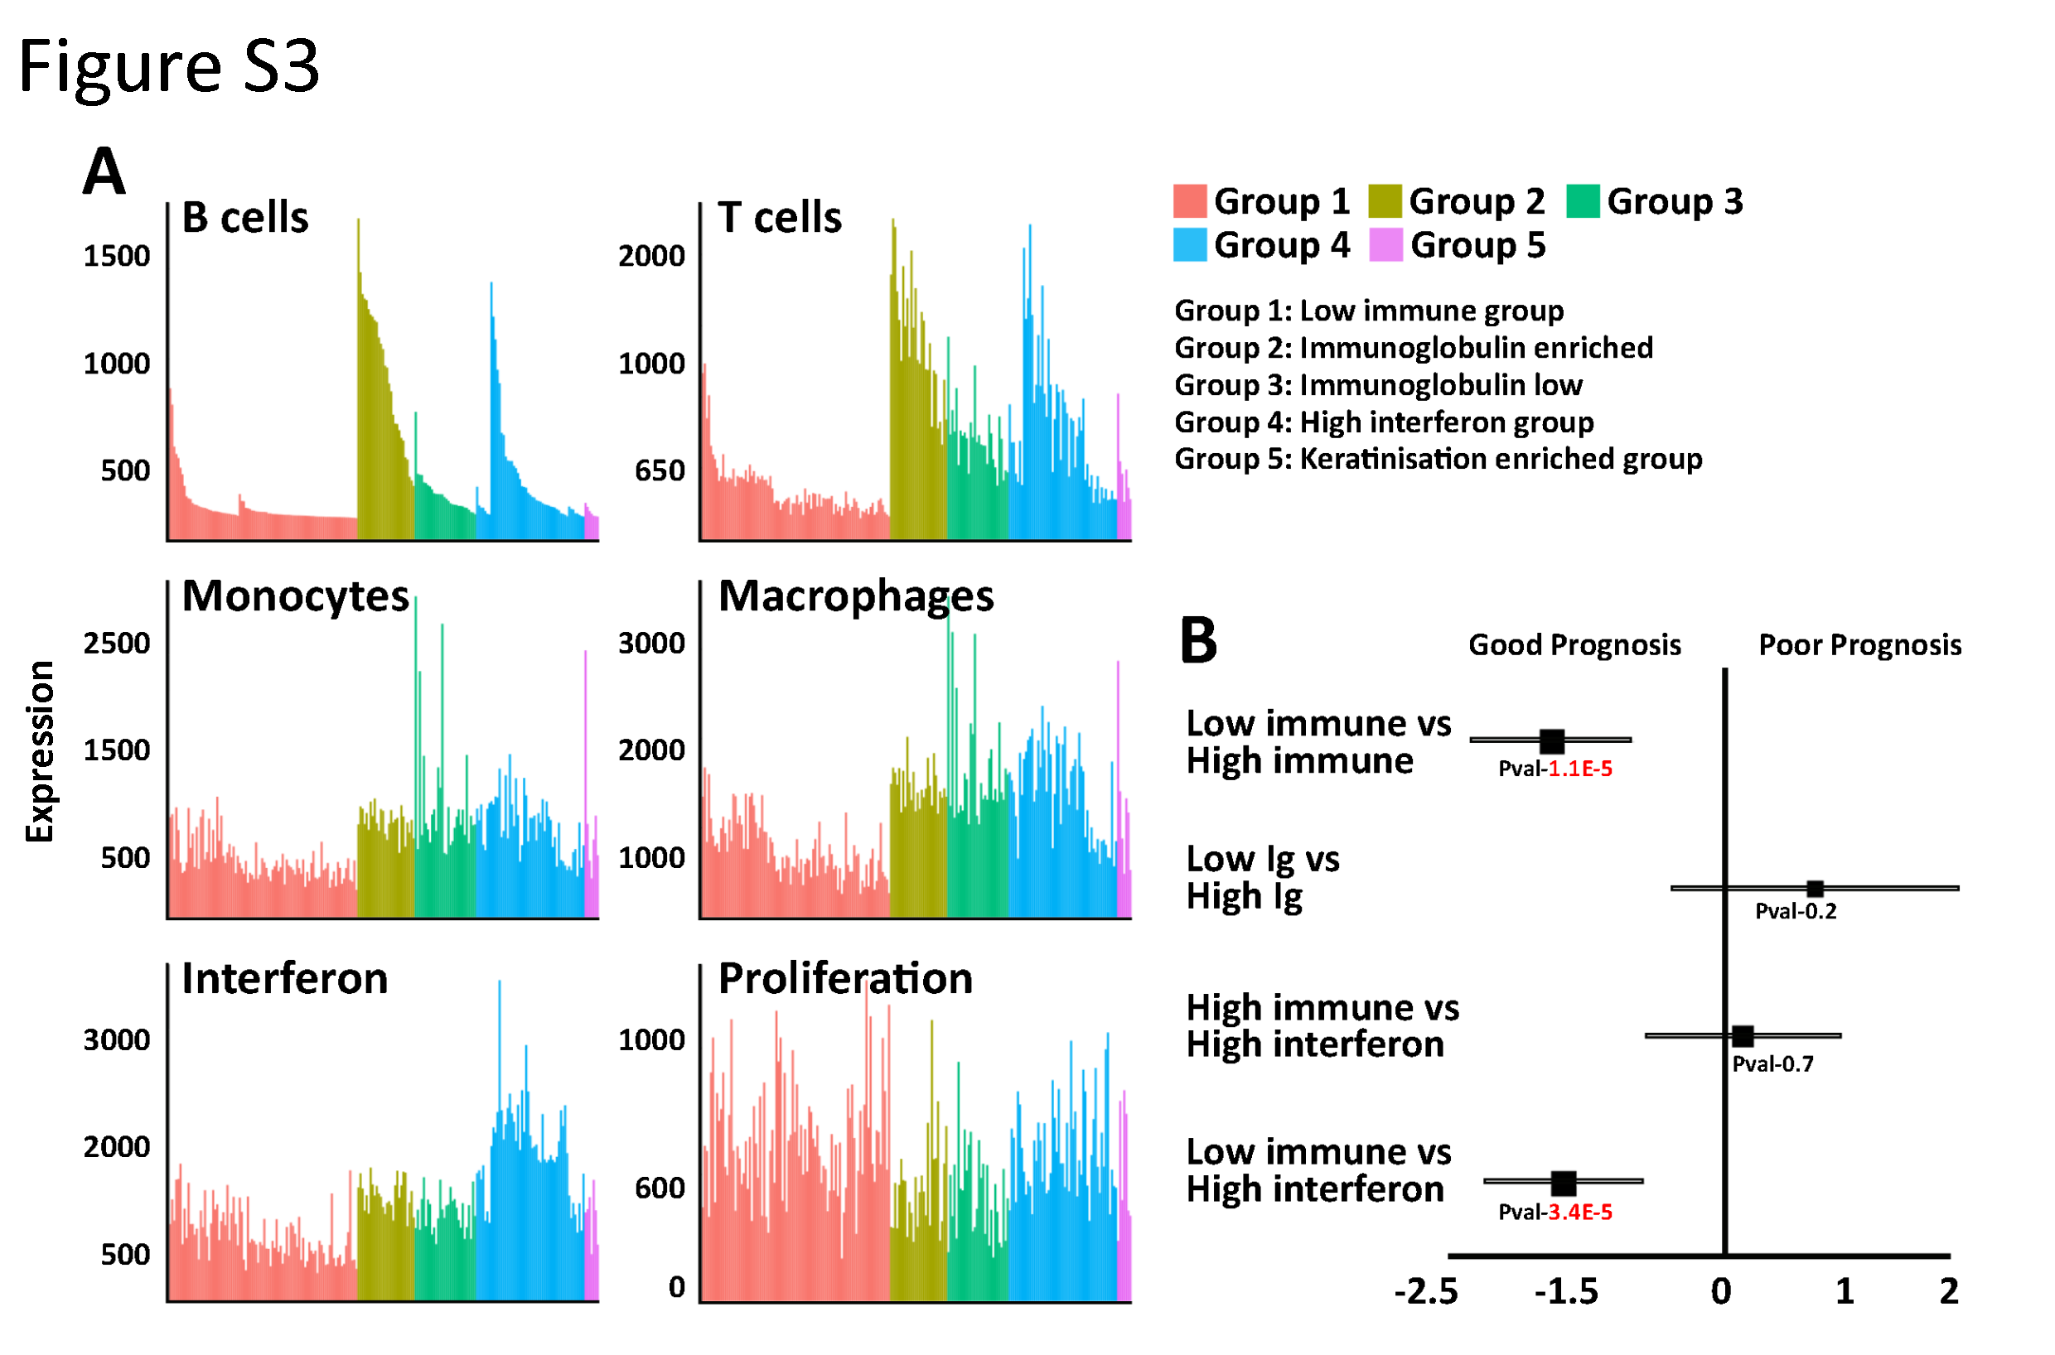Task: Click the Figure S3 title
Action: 168,67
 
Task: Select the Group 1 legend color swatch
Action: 1190,200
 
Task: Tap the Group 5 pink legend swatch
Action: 1385,244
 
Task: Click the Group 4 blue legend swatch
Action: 1190,244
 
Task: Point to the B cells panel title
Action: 244,217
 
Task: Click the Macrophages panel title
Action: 856,596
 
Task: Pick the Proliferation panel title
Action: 845,979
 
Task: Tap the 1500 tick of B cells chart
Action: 116,256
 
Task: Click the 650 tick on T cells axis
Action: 660,471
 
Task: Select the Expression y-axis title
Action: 40,751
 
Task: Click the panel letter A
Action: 104,172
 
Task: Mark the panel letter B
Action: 1198,641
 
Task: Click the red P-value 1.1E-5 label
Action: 1579,769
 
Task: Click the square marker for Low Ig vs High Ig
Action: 1815,889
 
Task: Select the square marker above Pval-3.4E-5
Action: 1563,1182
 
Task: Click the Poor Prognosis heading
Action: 1859,644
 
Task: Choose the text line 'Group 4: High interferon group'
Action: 1383,422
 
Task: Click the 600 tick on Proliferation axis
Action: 660,1189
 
